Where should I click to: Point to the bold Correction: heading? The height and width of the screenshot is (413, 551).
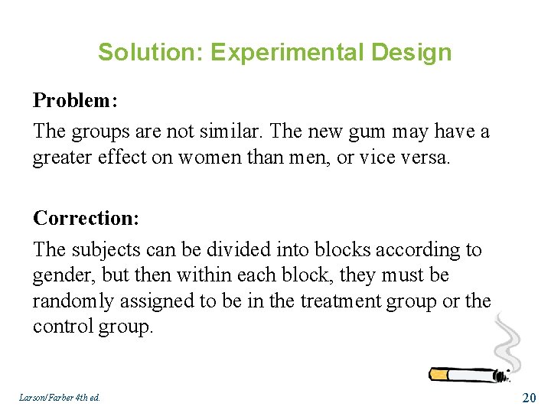click(x=86, y=218)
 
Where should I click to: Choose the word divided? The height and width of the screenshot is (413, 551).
click(x=234, y=250)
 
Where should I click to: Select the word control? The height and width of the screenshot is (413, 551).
click(x=63, y=327)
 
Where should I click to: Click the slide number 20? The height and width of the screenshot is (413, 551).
click(x=528, y=397)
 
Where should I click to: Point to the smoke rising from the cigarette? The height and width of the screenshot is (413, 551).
click(x=506, y=340)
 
